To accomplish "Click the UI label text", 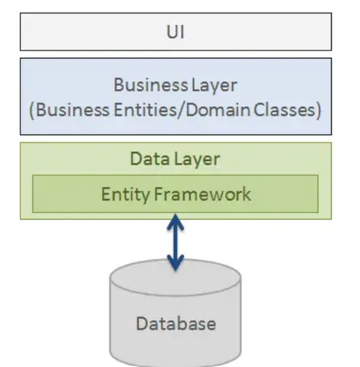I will tap(175, 32).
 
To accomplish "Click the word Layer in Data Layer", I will tap(198, 159).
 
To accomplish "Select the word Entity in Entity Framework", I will tap(122, 194).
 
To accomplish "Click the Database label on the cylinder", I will tap(175, 323).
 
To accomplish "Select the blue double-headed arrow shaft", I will tap(176, 242).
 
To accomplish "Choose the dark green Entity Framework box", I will tap(283, 194).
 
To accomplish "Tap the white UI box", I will tap(74, 32).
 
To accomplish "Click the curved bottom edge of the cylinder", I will tap(175, 361).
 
